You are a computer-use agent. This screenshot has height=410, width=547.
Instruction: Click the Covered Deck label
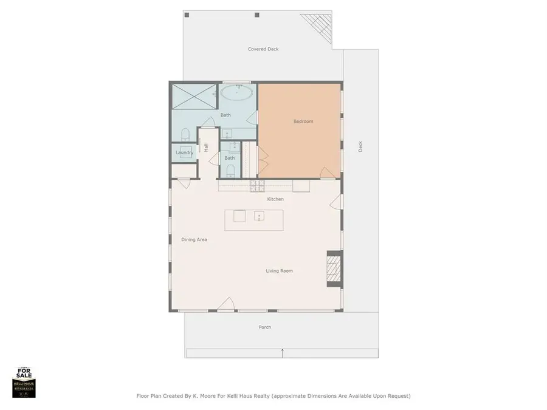coord(263,49)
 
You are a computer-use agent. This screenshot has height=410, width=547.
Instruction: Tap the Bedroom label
coord(303,121)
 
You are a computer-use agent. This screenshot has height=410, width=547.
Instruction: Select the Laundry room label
coord(184,152)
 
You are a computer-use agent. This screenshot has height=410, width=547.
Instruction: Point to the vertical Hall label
coord(207,148)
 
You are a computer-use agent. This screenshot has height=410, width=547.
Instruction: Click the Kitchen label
coord(275,199)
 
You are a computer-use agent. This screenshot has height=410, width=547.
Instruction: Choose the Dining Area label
coord(194,240)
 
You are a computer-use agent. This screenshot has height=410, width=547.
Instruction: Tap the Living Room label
coord(279,271)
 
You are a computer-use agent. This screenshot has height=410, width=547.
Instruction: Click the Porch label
coord(265,327)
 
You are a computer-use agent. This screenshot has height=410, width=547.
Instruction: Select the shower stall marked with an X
coord(194,95)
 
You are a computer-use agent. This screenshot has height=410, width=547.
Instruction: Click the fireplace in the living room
coord(334,268)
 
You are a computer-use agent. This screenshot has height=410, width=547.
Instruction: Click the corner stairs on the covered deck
coord(318,24)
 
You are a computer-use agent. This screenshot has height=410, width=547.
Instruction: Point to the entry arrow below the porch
coord(282,352)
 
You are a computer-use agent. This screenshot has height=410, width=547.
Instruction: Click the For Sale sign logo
coord(24,383)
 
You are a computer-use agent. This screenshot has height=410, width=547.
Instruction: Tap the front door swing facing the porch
coord(227,304)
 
